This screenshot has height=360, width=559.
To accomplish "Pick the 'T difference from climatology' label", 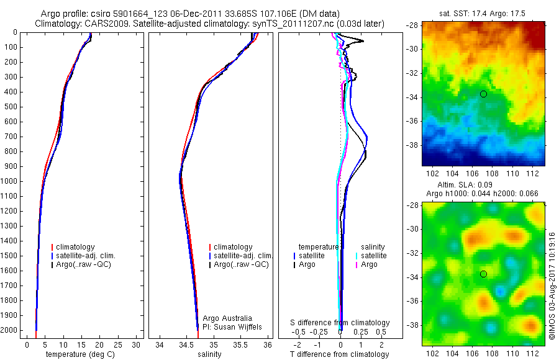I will click(341, 354).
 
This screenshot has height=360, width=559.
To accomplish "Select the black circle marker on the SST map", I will click(483, 94).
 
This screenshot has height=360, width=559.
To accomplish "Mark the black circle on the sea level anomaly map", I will click(483, 274).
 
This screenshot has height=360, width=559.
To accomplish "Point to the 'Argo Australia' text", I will click(228, 318).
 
